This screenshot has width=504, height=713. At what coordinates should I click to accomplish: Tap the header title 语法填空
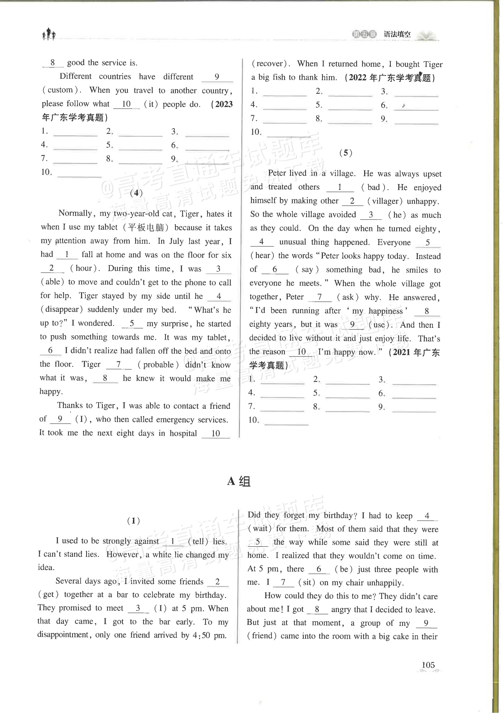tap(397, 35)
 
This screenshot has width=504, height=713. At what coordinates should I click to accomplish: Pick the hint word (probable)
tap(158, 365)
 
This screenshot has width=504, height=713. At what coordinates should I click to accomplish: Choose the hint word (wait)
tap(260, 528)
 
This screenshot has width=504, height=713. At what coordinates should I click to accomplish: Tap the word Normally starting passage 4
tap(75, 213)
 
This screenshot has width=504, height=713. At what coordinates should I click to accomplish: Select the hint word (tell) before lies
tap(198, 541)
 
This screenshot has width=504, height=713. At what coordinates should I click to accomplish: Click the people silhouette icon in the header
tap(49, 34)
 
